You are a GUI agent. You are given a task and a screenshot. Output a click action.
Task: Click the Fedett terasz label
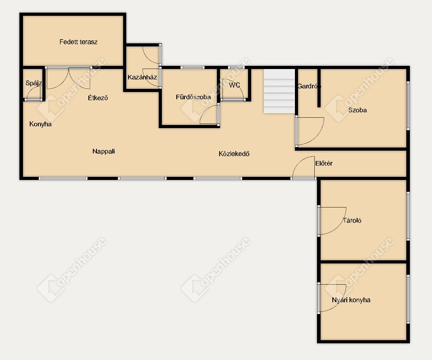tap(78, 42)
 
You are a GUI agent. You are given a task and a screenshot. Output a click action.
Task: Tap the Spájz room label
tap(34, 83)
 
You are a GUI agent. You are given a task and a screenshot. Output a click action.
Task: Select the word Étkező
tap(98, 97)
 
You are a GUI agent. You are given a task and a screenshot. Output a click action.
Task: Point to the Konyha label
tap(41, 124)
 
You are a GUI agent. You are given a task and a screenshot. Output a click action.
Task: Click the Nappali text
tap(104, 151)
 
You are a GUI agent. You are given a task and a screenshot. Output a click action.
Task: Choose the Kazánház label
tap(142, 77)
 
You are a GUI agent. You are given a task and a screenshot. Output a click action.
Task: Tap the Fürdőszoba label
tap(193, 97)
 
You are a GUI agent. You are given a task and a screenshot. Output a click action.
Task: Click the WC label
tap(234, 85)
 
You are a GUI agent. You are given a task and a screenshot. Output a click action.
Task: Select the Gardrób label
tap(309, 86)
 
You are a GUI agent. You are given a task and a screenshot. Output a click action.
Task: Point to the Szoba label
tap(357, 110)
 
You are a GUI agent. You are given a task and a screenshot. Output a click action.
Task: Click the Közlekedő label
tap(234, 154)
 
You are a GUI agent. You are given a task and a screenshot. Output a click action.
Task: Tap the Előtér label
tap(324, 163)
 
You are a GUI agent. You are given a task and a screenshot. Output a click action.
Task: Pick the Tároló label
tap(352, 221)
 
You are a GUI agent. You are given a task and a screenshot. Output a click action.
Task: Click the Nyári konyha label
tap(351, 300)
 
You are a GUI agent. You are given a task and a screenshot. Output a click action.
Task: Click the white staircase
tap(279, 91)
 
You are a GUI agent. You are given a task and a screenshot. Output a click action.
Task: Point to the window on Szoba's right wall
tap(408, 105)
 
